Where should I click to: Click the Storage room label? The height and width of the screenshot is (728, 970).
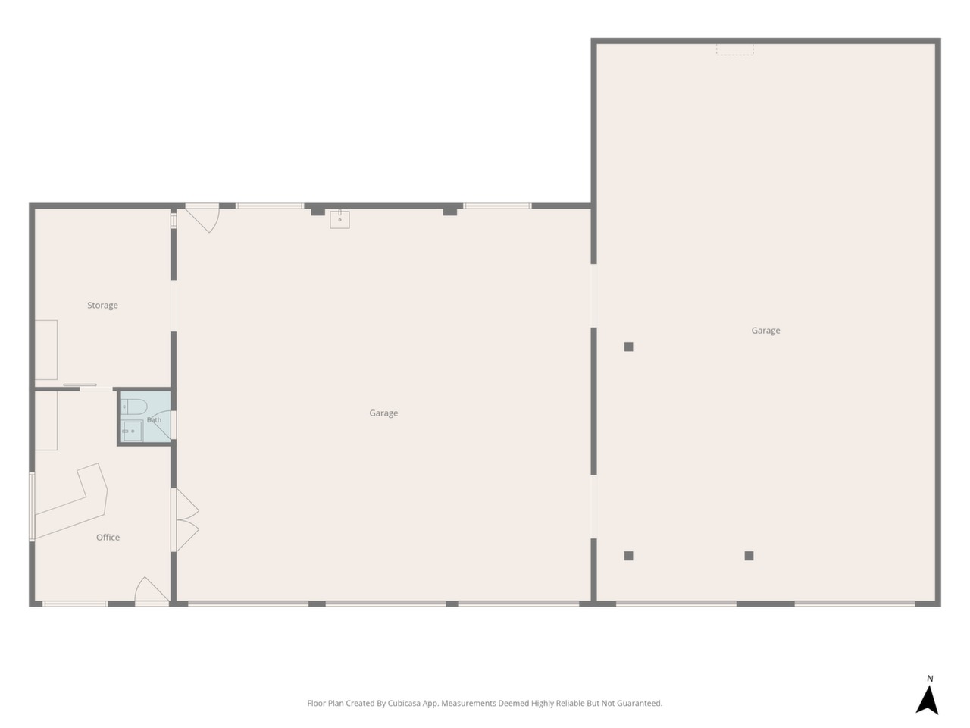click(102, 306)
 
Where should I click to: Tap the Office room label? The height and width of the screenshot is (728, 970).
click(108, 537)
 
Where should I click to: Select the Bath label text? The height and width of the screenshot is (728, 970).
click(155, 420)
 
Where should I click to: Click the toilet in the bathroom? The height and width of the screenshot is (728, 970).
click(134, 406)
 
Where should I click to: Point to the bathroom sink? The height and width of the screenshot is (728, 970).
click(132, 431)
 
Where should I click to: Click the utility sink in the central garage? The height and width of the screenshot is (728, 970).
click(339, 219)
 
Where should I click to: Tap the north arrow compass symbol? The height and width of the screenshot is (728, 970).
click(927, 700)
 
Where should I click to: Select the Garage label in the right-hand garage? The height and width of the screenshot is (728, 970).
click(765, 331)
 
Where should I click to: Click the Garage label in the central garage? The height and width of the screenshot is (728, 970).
click(383, 413)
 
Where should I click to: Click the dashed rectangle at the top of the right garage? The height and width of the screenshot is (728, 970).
click(734, 49)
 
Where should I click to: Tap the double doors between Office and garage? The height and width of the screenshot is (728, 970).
click(185, 519)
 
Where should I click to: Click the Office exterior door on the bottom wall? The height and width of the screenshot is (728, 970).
click(152, 591)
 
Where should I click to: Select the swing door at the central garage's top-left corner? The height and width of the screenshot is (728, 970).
click(202, 218)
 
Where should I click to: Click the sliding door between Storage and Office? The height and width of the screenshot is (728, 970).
click(80, 385)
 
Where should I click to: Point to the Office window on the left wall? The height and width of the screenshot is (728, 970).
click(32, 507)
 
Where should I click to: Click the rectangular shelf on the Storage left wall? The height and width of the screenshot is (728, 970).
click(46, 350)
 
